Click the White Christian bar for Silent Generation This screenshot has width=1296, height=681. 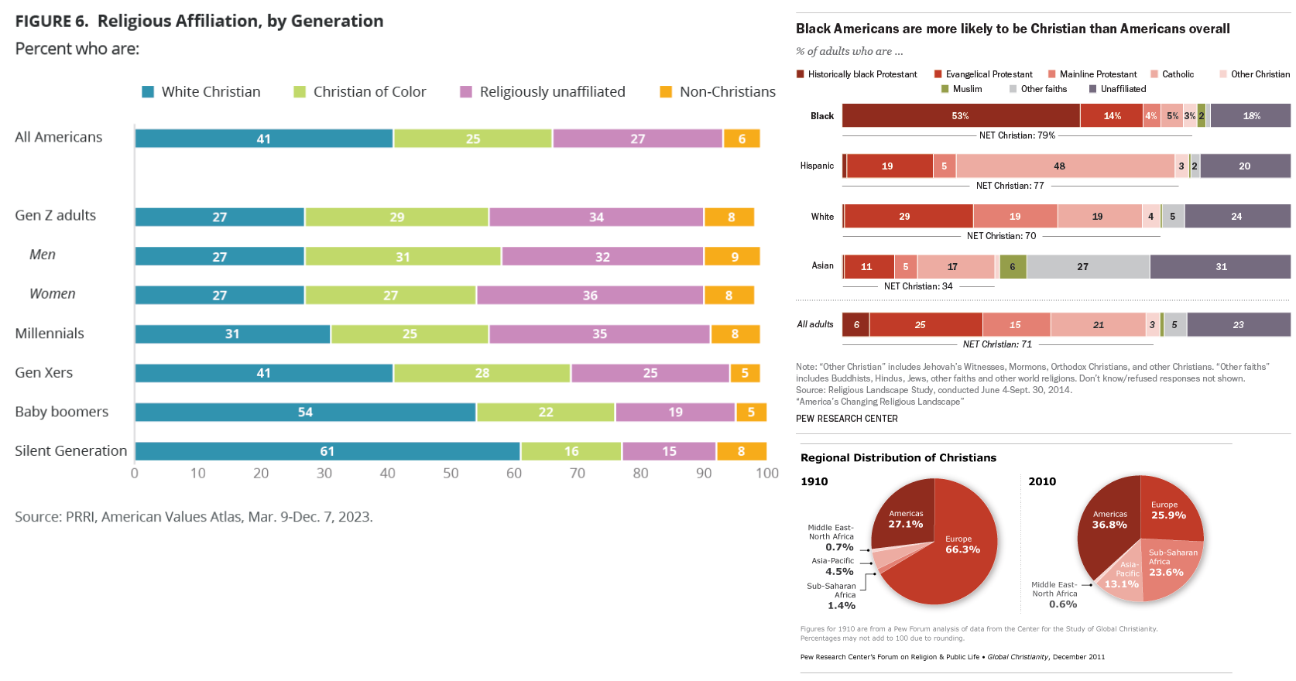click(x=327, y=451)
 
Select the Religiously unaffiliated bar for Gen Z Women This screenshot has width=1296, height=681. click(x=590, y=295)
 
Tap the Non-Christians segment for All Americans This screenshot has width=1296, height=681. click(x=742, y=139)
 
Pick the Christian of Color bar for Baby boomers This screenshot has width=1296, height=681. click(x=546, y=412)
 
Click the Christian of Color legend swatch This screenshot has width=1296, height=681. click(x=300, y=92)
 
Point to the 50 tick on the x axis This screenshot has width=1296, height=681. click(x=451, y=473)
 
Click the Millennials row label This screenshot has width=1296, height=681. click(x=50, y=334)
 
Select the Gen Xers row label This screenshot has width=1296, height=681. click(x=44, y=372)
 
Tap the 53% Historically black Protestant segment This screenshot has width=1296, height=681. click(x=960, y=115)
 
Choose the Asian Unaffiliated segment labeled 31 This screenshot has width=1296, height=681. click(x=1221, y=266)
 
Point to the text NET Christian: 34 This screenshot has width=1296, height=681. click(x=918, y=286)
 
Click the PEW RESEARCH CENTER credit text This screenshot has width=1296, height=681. click(x=847, y=419)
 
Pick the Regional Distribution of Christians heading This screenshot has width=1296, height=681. click(x=898, y=457)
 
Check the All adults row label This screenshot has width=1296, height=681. click(x=815, y=324)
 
